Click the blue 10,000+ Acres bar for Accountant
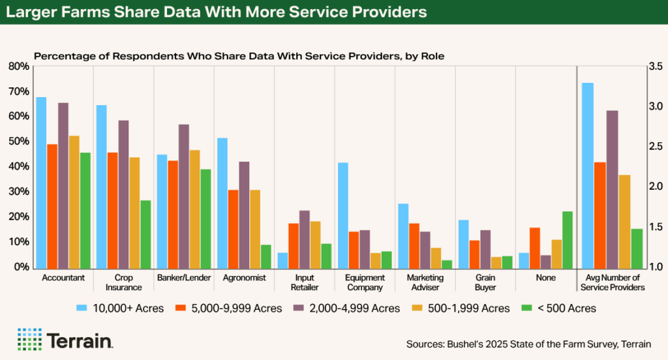[x=41, y=183]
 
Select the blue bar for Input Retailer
[x=282, y=260]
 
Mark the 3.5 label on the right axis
[x=656, y=67]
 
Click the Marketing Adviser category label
[x=425, y=282]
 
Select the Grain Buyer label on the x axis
[x=485, y=282]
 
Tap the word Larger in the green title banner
[x=33, y=12]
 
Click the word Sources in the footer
[x=424, y=344]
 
